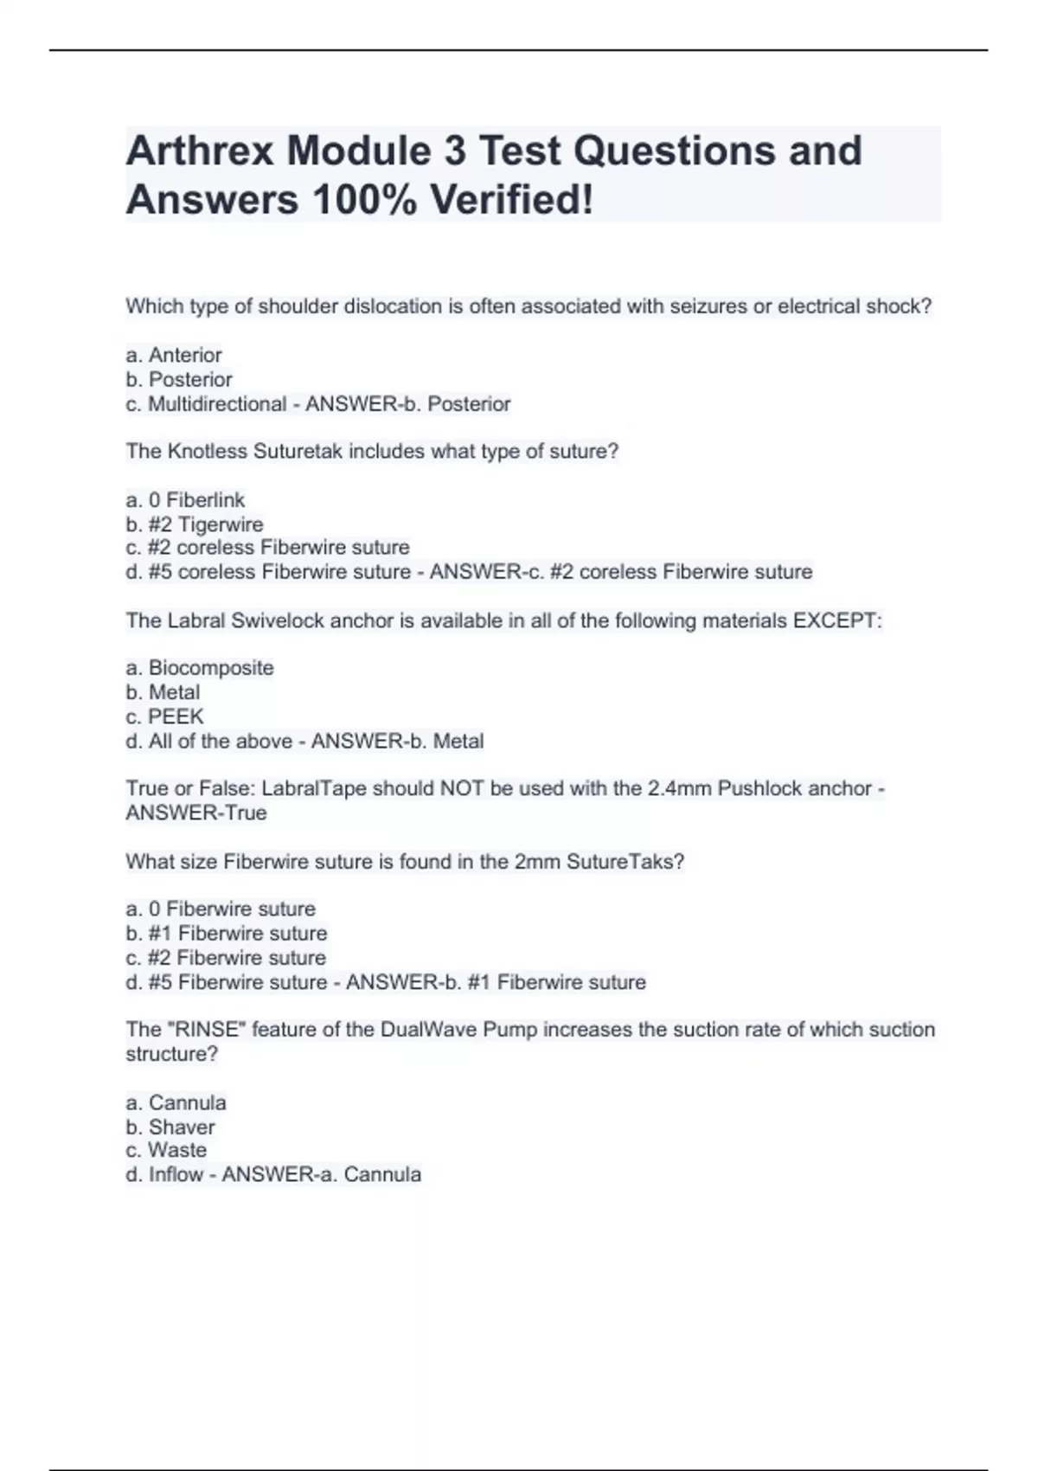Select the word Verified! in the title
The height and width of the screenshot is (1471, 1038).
(x=512, y=200)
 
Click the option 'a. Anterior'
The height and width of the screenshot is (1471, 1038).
(x=174, y=355)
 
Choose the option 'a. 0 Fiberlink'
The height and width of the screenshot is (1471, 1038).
(x=185, y=500)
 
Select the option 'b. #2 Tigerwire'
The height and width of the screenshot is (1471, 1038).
(x=195, y=524)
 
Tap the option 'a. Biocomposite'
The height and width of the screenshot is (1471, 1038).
(x=200, y=668)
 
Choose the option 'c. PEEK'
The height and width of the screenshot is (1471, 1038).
(x=165, y=716)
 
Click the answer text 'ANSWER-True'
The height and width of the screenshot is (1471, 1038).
(x=196, y=813)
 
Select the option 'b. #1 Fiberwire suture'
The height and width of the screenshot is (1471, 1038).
(x=227, y=934)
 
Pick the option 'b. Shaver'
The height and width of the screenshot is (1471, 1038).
(x=170, y=1127)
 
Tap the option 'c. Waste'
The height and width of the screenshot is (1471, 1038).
(x=167, y=1150)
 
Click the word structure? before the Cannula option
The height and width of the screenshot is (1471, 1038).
(x=172, y=1054)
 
